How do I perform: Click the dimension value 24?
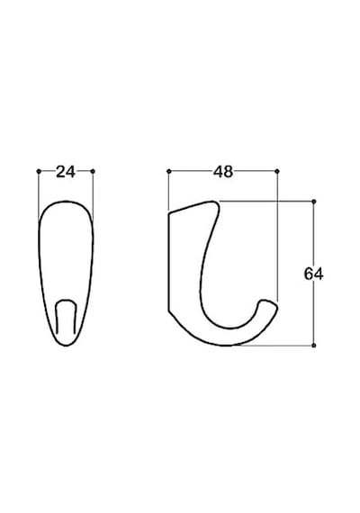(66, 172)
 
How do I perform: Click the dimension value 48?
(223, 172)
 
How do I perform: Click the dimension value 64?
(313, 274)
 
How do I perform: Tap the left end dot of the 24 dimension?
(39, 171)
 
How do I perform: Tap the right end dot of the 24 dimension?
(93, 171)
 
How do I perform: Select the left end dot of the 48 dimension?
(169, 171)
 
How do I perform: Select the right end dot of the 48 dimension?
(277, 171)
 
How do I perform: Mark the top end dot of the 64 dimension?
(314, 202)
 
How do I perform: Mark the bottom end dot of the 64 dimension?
(314, 346)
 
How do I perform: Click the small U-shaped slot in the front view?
(66, 300)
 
